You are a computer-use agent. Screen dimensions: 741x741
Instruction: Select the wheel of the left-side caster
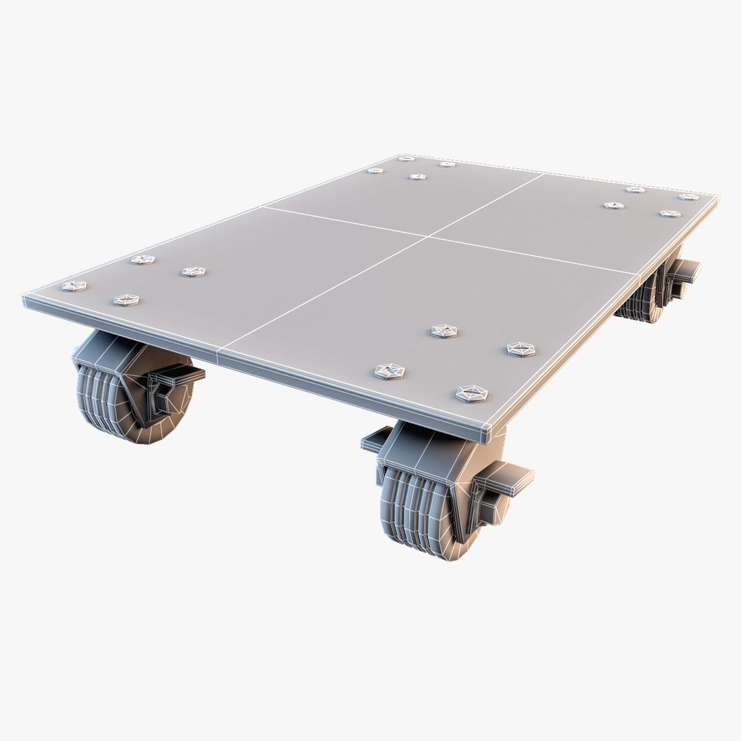click(x=110, y=405)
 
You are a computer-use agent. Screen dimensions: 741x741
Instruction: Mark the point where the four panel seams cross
click(x=428, y=237)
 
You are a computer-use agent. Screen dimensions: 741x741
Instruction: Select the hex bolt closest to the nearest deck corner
click(x=472, y=394)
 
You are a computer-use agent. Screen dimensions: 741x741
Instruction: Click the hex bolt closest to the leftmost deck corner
click(x=74, y=286)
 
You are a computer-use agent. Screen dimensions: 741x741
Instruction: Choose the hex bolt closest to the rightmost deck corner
click(x=688, y=197)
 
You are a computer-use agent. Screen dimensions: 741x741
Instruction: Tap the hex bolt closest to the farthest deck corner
click(x=407, y=159)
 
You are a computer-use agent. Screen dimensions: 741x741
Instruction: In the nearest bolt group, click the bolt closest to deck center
click(x=445, y=331)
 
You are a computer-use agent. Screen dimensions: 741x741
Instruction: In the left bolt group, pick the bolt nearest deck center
click(x=193, y=272)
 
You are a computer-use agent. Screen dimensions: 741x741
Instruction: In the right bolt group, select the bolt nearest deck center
click(x=613, y=205)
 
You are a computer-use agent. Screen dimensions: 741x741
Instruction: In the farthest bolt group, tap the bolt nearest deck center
click(x=417, y=177)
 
